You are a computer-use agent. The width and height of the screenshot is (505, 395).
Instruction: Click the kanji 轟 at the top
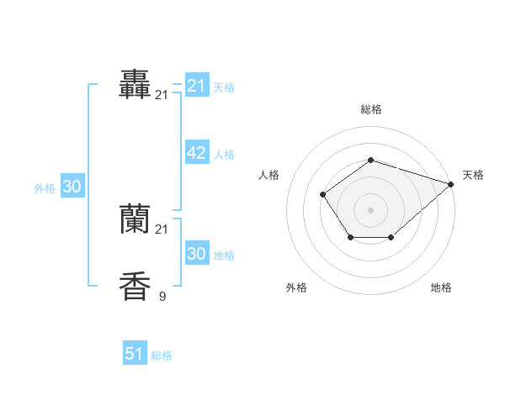click(135, 84)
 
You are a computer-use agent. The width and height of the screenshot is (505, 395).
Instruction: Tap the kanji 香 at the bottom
click(135, 287)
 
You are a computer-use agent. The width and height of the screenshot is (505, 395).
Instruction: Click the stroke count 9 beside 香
click(162, 296)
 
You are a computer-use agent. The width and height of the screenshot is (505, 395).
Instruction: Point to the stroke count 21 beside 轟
click(162, 95)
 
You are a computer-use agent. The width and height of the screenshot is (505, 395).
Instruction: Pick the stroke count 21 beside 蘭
click(162, 229)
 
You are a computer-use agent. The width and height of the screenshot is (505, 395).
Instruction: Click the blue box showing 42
click(196, 153)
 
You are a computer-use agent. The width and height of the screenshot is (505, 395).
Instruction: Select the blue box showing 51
click(135, 354)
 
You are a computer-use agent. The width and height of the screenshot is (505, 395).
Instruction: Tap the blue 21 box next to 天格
click(196, 85)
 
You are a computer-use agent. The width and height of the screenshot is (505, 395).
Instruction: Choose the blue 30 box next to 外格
click(72, 187)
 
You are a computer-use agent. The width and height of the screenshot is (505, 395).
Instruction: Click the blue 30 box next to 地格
click(196, 254)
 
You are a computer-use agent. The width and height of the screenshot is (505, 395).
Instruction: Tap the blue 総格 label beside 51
click(162, 355)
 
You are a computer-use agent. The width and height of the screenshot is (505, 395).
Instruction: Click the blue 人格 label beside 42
click(224, 155)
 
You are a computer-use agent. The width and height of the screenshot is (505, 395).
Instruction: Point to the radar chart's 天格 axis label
click(473, 175)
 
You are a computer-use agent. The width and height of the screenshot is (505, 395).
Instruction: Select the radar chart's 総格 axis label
click(370, 109)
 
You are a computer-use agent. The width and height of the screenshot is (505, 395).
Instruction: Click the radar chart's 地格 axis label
click(441, 287)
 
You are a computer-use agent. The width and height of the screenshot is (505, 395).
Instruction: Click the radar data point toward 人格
click(323, 195)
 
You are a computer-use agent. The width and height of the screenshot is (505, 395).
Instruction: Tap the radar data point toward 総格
click(370, 160)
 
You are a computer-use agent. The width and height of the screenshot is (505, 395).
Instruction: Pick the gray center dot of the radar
click(370, 209)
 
